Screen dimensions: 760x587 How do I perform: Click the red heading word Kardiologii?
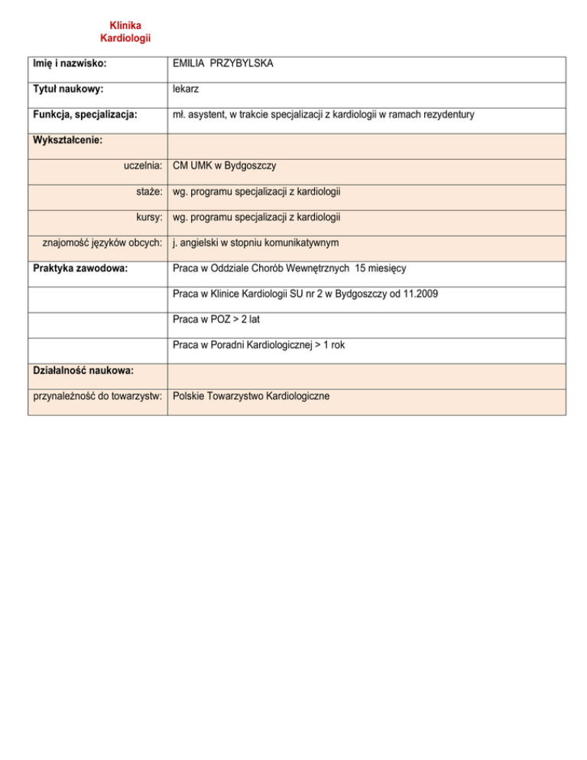[x=125, y=37]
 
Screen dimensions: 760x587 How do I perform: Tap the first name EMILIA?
[x=189, y=64]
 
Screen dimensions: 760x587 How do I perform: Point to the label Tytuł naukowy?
[x=66, y=89]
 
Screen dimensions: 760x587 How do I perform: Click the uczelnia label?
[x=142, y=165]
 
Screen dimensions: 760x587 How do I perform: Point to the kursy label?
[x=148, y=217]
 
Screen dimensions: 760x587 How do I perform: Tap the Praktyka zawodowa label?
[x=79, y=268]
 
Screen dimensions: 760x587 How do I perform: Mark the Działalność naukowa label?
[x=83, y=370]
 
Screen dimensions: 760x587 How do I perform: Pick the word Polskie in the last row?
[x=191, y=396]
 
